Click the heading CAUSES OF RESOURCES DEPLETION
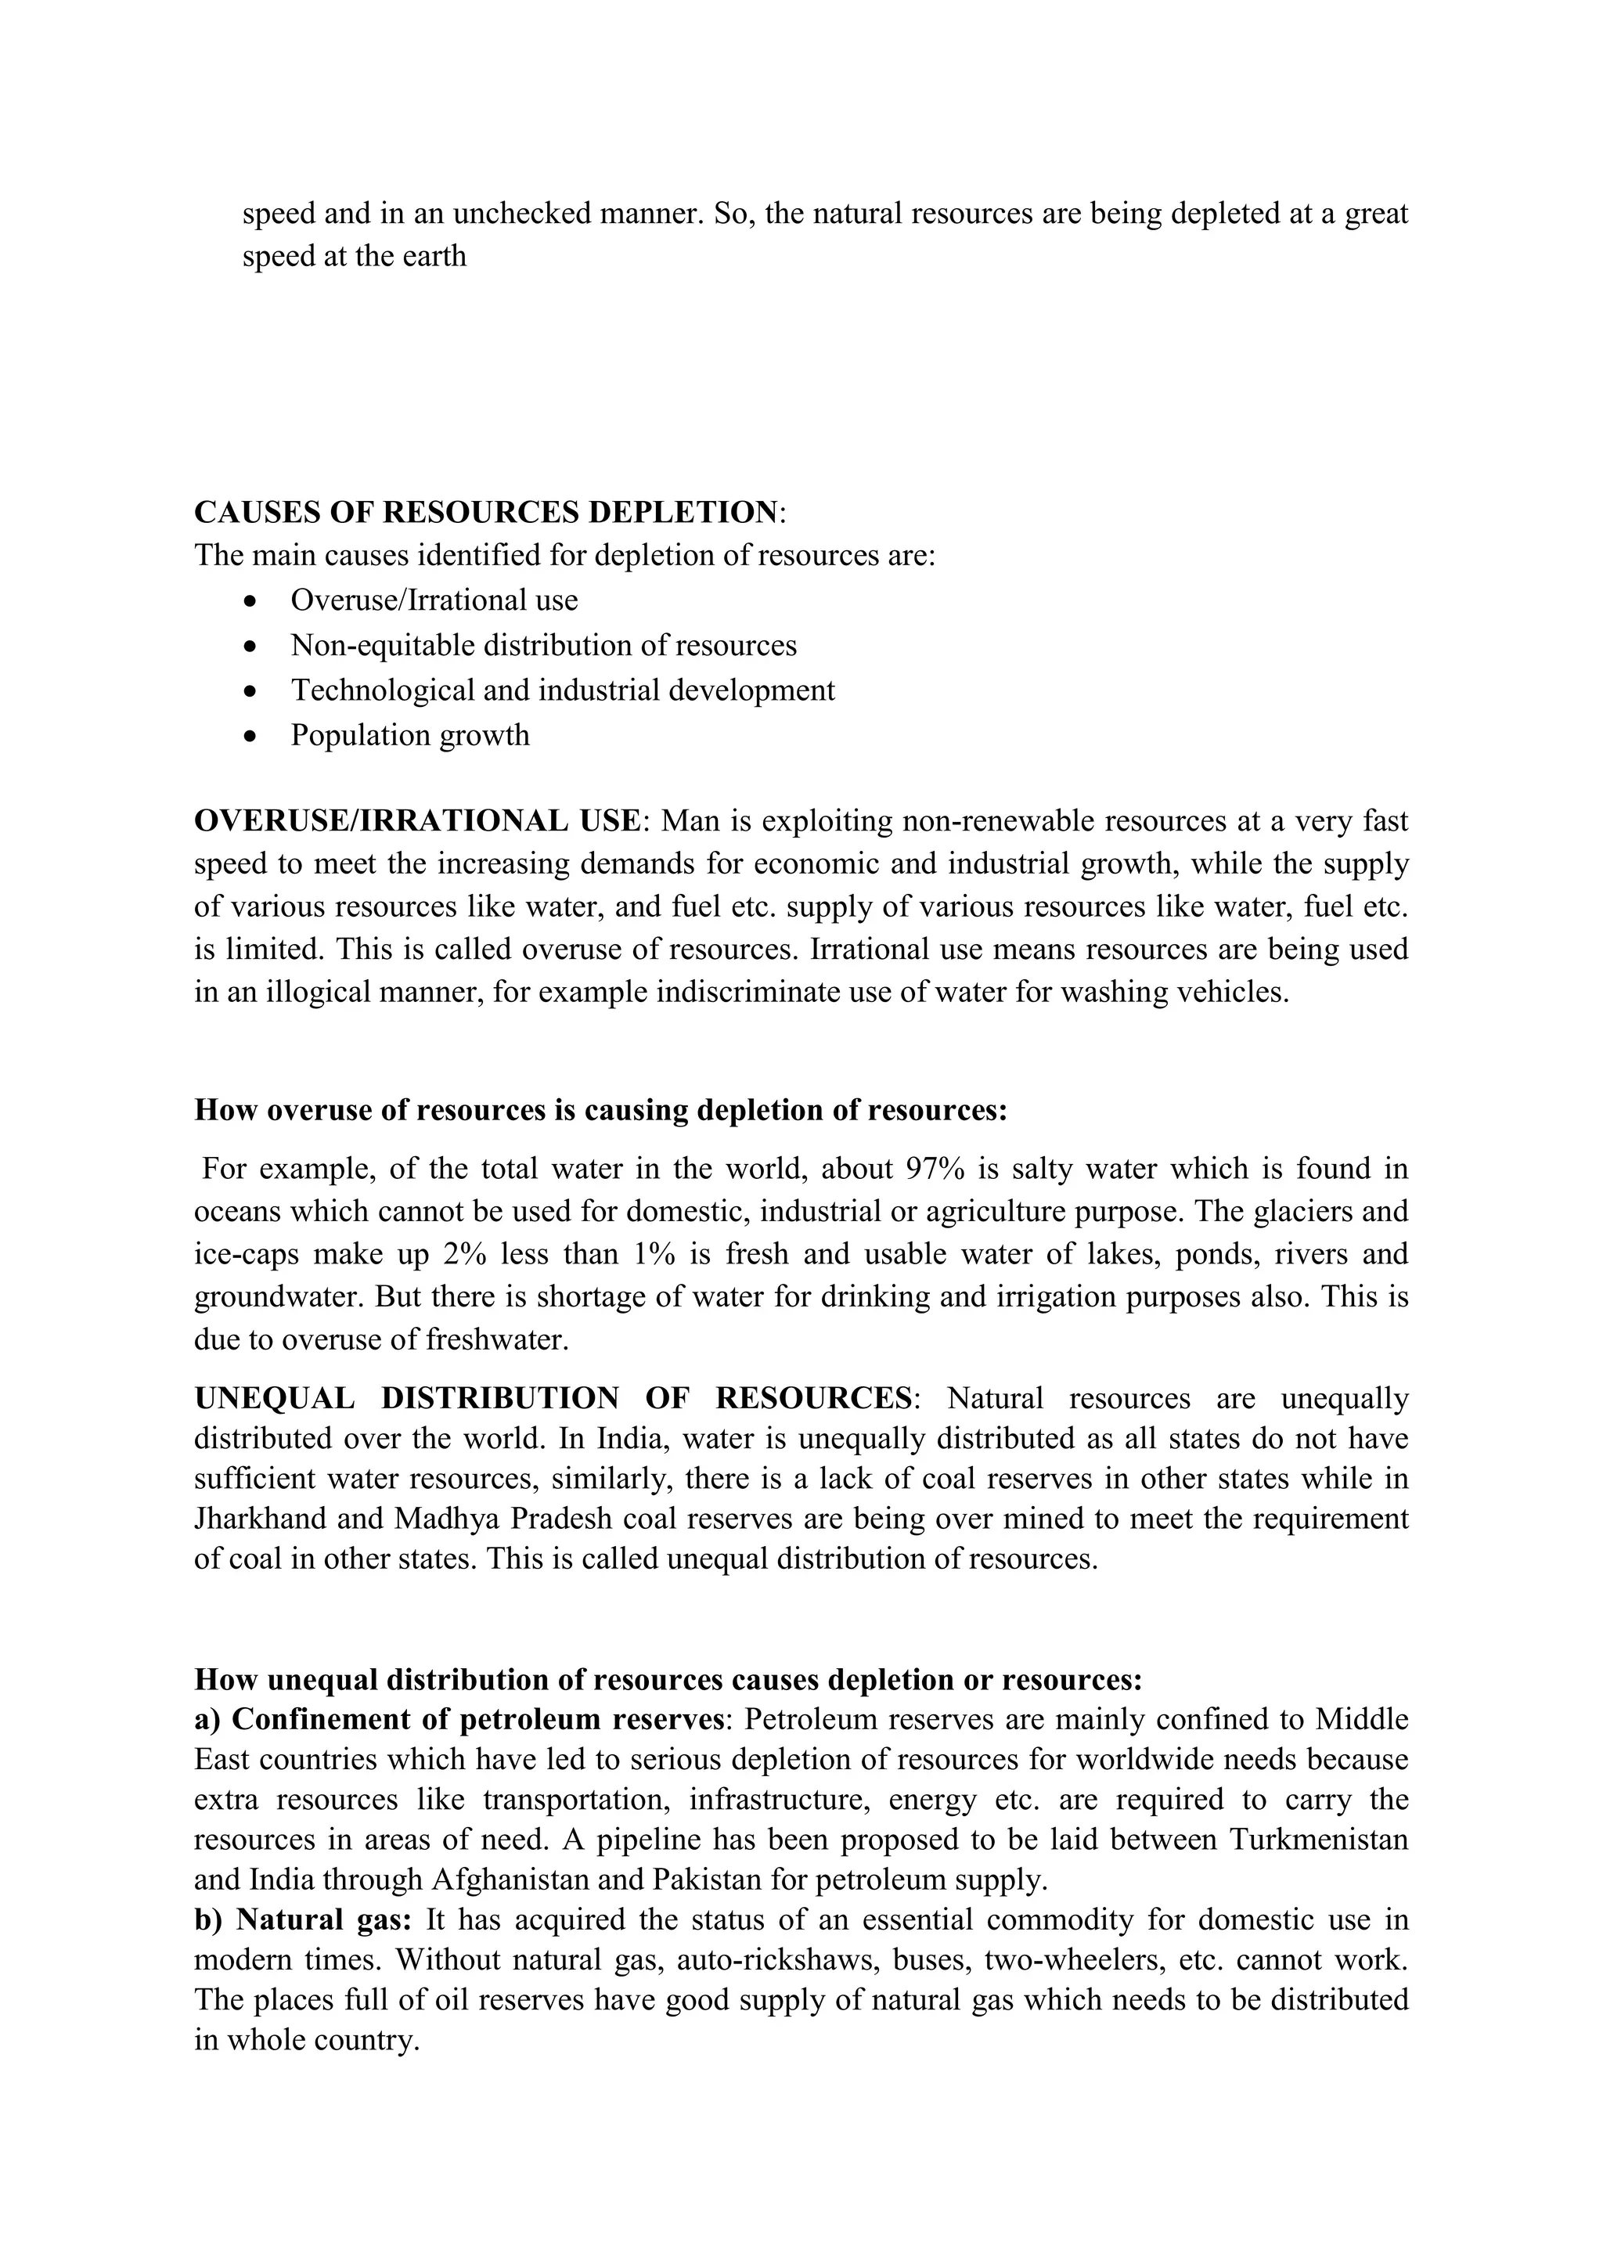[x=485, y=513]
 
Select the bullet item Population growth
[x=409, y=736]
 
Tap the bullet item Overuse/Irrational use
[x=434, y=600]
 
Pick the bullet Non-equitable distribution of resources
[x=543, y=646]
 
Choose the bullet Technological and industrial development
[x=562, y=690]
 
